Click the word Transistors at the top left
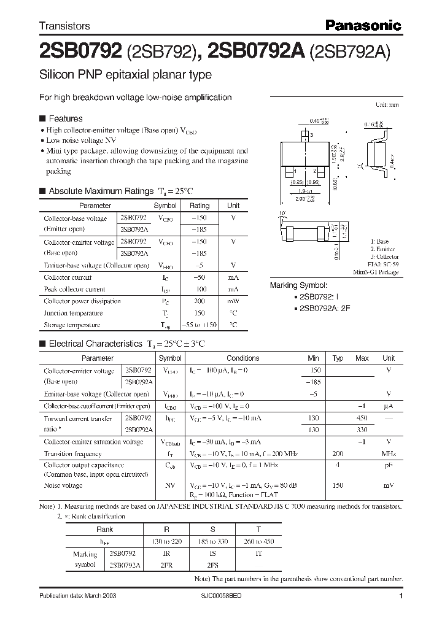tap(64, 26)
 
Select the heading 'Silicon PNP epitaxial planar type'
tap(125, 75)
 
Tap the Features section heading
tap(65, 118)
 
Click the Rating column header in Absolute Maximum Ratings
tap(199, 206)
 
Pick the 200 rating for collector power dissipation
tap(199, 301)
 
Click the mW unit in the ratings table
tap(233, 301)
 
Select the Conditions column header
tap(243, 358)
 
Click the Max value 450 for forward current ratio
tap(362, 418)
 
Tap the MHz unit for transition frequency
tap(388, 453)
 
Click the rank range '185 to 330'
tap(212, 541)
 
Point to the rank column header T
tap(258, 528)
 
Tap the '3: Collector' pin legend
tap(384, 257)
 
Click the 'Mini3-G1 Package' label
tap(376, 272)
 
